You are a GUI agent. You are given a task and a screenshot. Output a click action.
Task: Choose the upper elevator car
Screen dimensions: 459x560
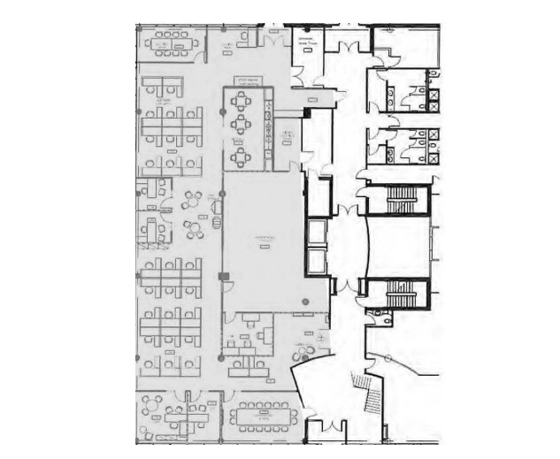pos(317,233)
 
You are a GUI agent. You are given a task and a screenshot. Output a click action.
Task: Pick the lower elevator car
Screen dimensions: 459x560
pos(317,261)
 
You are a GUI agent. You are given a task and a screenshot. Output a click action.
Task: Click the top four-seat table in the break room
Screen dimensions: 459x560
pos(241,100)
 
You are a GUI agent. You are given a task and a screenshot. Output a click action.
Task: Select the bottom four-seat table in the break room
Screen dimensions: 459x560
pos(241,157)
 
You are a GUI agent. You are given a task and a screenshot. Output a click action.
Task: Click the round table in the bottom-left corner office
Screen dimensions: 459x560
pos(151,409)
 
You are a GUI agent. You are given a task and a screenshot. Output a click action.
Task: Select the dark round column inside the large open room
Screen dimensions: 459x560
pos(303,303)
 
